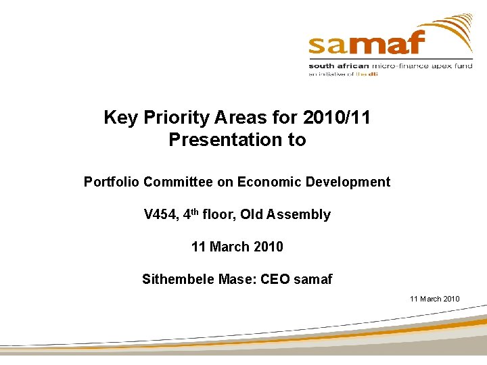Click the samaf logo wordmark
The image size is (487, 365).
(x=366, y=43)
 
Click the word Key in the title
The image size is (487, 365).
(x=120, y=118)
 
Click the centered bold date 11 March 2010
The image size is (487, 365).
(x=237, y=247)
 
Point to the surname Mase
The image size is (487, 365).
(x=237, y=279)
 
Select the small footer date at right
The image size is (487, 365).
(x=434, y=299)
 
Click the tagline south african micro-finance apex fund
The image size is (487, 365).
(x=390, y=66)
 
